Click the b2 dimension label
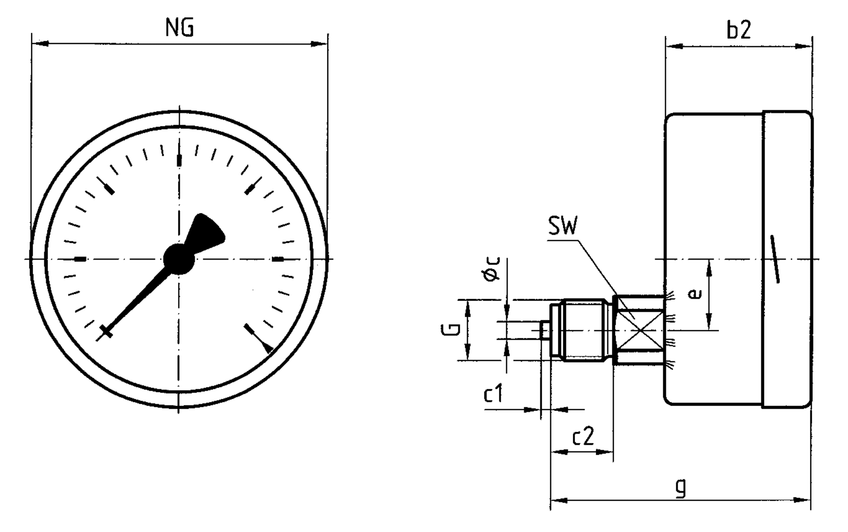(739, 31)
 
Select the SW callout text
(563, 227)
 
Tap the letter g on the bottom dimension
(680, 488)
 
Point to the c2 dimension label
(583, 436)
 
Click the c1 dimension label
(494, 394)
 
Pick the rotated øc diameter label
(492, 269)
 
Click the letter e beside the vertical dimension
(694, 294)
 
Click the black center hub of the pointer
(179, 259)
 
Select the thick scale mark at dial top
(179, 161)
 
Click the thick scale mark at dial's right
(278, 259)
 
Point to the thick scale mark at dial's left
(80, 259)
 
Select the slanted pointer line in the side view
(775, 259)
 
